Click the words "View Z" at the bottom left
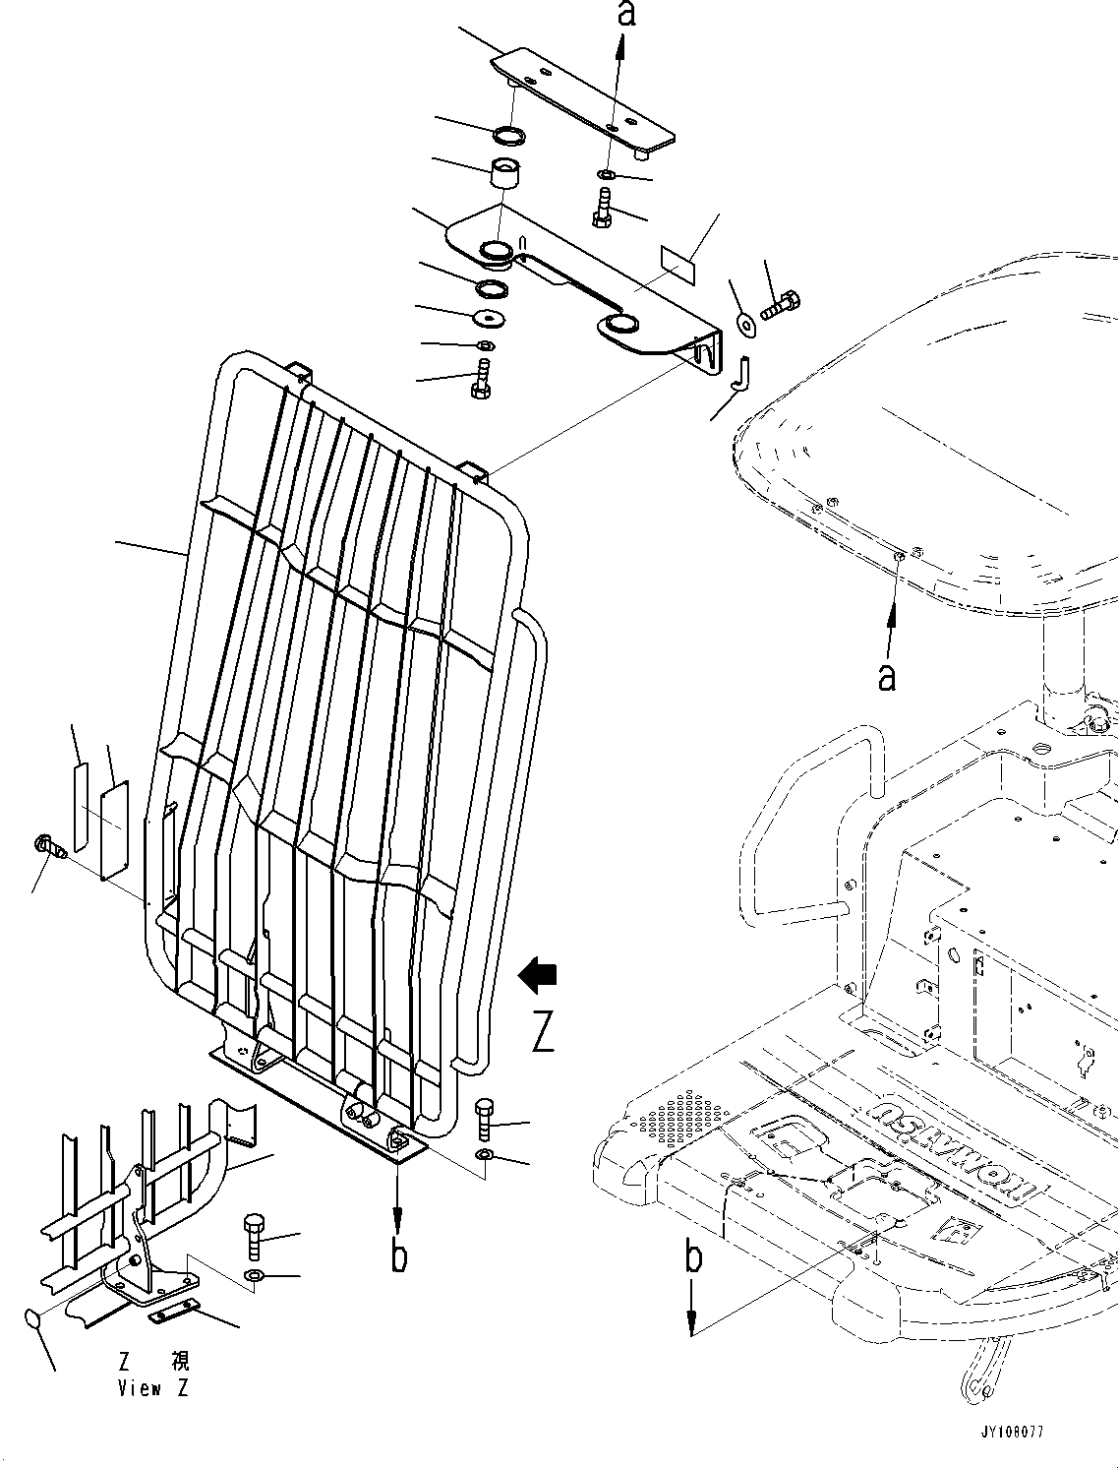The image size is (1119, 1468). (x=153, y=1388)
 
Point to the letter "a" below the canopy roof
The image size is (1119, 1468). (x=887, y=677)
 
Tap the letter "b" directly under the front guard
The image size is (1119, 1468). (x=398, y=1255)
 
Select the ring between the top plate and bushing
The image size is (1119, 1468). (x=508, y=134)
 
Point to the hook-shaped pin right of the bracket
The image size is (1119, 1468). (x=743, y=373)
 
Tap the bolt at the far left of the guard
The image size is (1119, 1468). (x=48, y=845)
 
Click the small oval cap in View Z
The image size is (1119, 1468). (x=33, y=1319)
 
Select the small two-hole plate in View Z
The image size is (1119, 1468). (x=173, y=1311)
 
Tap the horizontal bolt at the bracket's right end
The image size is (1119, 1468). (x=779, y=304)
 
